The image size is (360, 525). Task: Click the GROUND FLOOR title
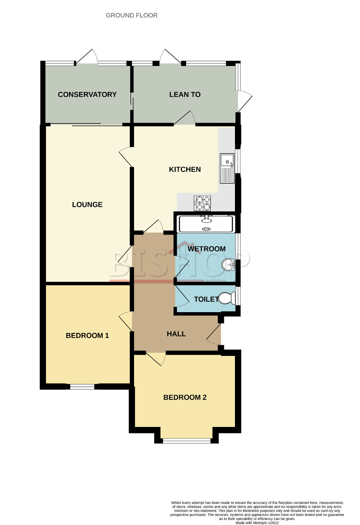[132, 15]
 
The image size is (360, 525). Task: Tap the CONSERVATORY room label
[87, 94]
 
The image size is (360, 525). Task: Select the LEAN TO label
[185, 94]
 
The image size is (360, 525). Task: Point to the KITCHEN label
[185, 169]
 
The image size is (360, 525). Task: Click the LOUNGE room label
[87, 205]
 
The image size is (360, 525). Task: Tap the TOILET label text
[206, 299]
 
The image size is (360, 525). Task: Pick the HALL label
[176, 334]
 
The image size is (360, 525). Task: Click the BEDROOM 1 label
[87, 336]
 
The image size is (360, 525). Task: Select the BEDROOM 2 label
[185, 397]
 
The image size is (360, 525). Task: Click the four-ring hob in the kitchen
[203, 202]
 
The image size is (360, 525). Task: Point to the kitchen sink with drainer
[227, 168]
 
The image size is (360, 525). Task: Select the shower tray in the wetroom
[206, 224]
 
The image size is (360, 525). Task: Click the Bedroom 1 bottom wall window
[82, 386]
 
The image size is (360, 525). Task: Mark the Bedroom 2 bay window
[187, 441]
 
